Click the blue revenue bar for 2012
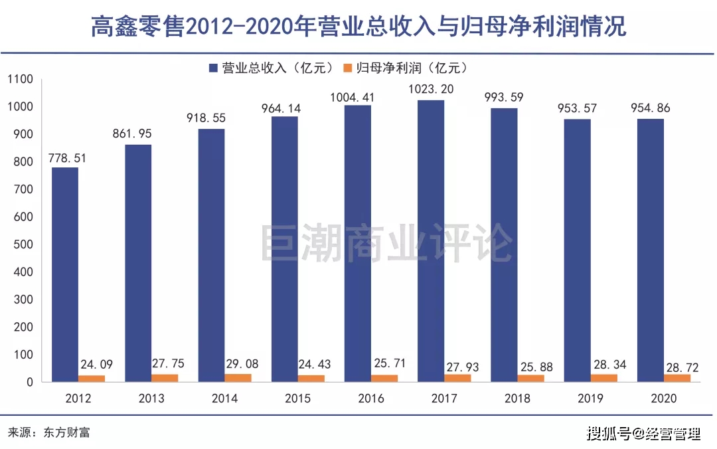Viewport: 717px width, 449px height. coord(65,274)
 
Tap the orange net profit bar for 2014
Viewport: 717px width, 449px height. coord(238,378)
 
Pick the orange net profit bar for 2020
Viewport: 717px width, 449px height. coord(677,378)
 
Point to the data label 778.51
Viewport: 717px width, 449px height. coord(66,158)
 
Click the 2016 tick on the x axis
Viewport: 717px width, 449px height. coord(370,399)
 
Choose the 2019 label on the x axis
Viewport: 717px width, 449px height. coord(590,399)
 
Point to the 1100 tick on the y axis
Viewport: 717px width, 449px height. coord(20,80)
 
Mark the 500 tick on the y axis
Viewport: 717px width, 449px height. coord(23,244)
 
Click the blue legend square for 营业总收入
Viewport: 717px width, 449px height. coord(213,67)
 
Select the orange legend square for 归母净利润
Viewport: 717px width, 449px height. coord(347,67)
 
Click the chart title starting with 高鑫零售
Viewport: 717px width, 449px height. coord(358,27)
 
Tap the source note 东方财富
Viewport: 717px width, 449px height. coord(66,432)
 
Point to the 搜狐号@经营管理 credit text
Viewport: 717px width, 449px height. coord(643,434)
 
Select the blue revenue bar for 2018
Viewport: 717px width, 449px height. coord(504,244)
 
